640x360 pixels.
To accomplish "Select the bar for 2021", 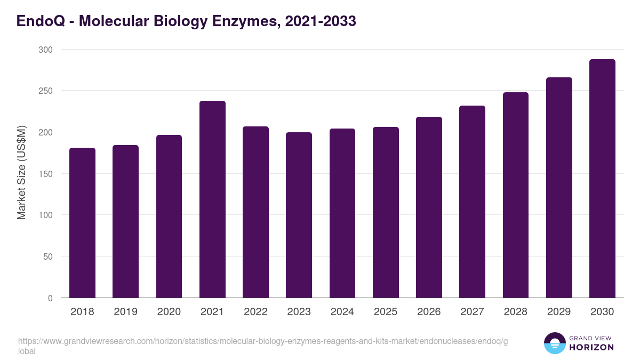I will click(x=212, y=199).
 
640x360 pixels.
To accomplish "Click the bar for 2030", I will click(x=602, y=179).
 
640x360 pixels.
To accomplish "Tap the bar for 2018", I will click(x=83, y=223).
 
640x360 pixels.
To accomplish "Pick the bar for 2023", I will click(x=299, y=215).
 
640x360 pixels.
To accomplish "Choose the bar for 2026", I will click(x=429, y=207).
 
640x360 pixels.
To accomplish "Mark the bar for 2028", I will click(x=515, y=195).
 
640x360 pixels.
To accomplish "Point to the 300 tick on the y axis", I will click(x=46, y=50).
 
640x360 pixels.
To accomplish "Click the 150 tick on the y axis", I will click(x=46, y=174).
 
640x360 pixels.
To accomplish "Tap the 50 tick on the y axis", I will click(x=48, y=257).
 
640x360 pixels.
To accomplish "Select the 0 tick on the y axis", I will click(x=50, y=298).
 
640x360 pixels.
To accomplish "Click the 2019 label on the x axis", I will click(x=125, y=312).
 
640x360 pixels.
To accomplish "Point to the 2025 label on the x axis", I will click(x=386, y=312).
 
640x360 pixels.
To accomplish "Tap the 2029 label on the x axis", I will click(x=559, y=312).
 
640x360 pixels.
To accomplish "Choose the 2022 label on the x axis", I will click(x=255, y=312).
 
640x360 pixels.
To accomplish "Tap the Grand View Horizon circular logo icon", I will click(x=554, y=343).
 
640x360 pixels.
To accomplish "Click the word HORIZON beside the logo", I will click(x=592, y=347).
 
